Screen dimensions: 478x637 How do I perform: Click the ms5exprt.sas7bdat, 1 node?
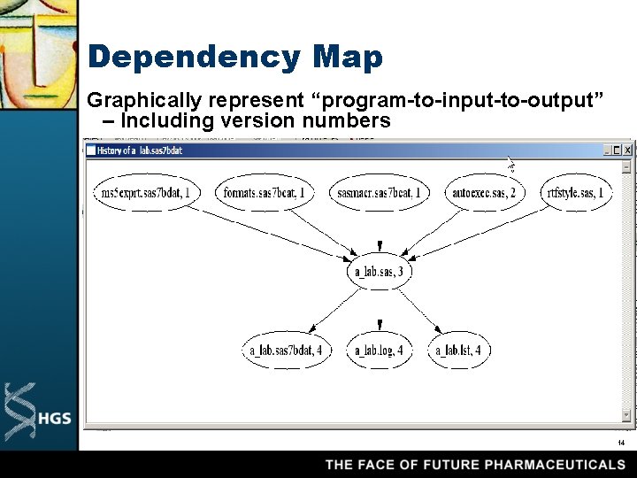pyautogui.click(x=145, y=193)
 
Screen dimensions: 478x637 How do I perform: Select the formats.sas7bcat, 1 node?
pyautogui.click(x=265, y=193)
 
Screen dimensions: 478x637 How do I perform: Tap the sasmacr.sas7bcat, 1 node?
pyautogui.click(x=380, y=193)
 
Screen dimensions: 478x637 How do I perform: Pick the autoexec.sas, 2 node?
pyautogui.click(x=484, y=193)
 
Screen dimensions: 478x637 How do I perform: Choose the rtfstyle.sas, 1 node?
pyautogui.click(x=576, y=193)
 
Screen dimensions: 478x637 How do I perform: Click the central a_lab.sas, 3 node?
pyautogui.click(x=379, y=272)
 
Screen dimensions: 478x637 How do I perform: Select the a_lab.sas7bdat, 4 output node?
pyautogui.click(x=286, y=351)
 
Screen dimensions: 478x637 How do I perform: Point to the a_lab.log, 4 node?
pyautogui.click(x=379, y=351)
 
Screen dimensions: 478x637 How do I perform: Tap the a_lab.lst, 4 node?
pyautogui.click(x=458, y=351)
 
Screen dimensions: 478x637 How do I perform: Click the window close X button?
pyautogui.click(x=627, y=150)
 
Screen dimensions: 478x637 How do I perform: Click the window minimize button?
pyautogui.click(x=606, y=150)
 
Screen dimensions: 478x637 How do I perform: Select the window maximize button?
pyautogui.click(x=617, y=150)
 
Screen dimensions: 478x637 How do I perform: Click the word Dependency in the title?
pyautogui.click(x=194, y=58)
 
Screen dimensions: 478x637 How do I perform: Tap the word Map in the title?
pyautogui.click(x=347, y=58)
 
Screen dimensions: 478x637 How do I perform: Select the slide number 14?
pyautogui.click(x=621, y=443)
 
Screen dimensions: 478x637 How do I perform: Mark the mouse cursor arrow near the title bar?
pyautogui.click(x=510, y=164)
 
